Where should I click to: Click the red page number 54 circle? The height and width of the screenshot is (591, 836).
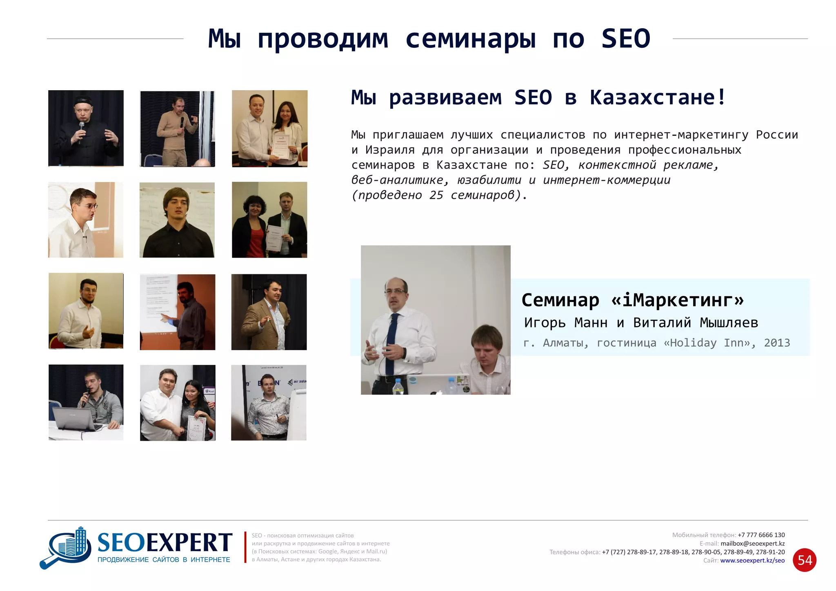pyautogui.click(x=805, y=560)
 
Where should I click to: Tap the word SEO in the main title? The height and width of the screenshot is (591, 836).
pyautogui.click(x=626, y=39)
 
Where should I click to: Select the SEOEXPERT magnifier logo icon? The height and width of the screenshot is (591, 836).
pyautogui.click(x=67, y=548)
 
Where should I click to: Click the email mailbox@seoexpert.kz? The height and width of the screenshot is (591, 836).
pyautogui.click(x=752, y=544)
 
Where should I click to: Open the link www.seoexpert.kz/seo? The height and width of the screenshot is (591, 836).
pyautogui.click(x=752, y=560)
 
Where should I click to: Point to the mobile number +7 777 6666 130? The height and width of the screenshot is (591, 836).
pyautogui.click(x=761, y=535)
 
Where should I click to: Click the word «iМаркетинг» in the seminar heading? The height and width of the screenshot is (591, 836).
pyautogui.click(x=678, y=300)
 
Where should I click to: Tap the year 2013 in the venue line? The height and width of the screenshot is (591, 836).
pyautogui.click(x=777, y=343)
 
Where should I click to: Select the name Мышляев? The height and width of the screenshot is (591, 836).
pyautogui.click(x=729, y=323)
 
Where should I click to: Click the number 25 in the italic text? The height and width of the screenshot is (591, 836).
pyautogui.click(x=436, y=195)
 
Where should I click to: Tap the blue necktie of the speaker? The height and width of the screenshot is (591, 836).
pyautogui.click(x=391, y=338)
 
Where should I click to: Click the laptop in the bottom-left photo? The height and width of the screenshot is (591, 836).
pyautogui.click(x=76, y=418)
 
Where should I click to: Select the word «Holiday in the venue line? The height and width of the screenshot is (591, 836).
pyautogui.click(x=690, y=343)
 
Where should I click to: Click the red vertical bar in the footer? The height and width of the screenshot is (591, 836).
pyautogui.click(x=245, y=547)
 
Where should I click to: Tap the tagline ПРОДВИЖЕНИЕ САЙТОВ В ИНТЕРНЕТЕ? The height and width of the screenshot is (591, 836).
pyautogui.click(x=164, y=560)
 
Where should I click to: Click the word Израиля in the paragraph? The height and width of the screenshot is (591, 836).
pyautogui.click(x=390, y=150)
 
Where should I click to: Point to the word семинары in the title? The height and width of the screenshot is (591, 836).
pyautogui.click(x=470, y=39)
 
